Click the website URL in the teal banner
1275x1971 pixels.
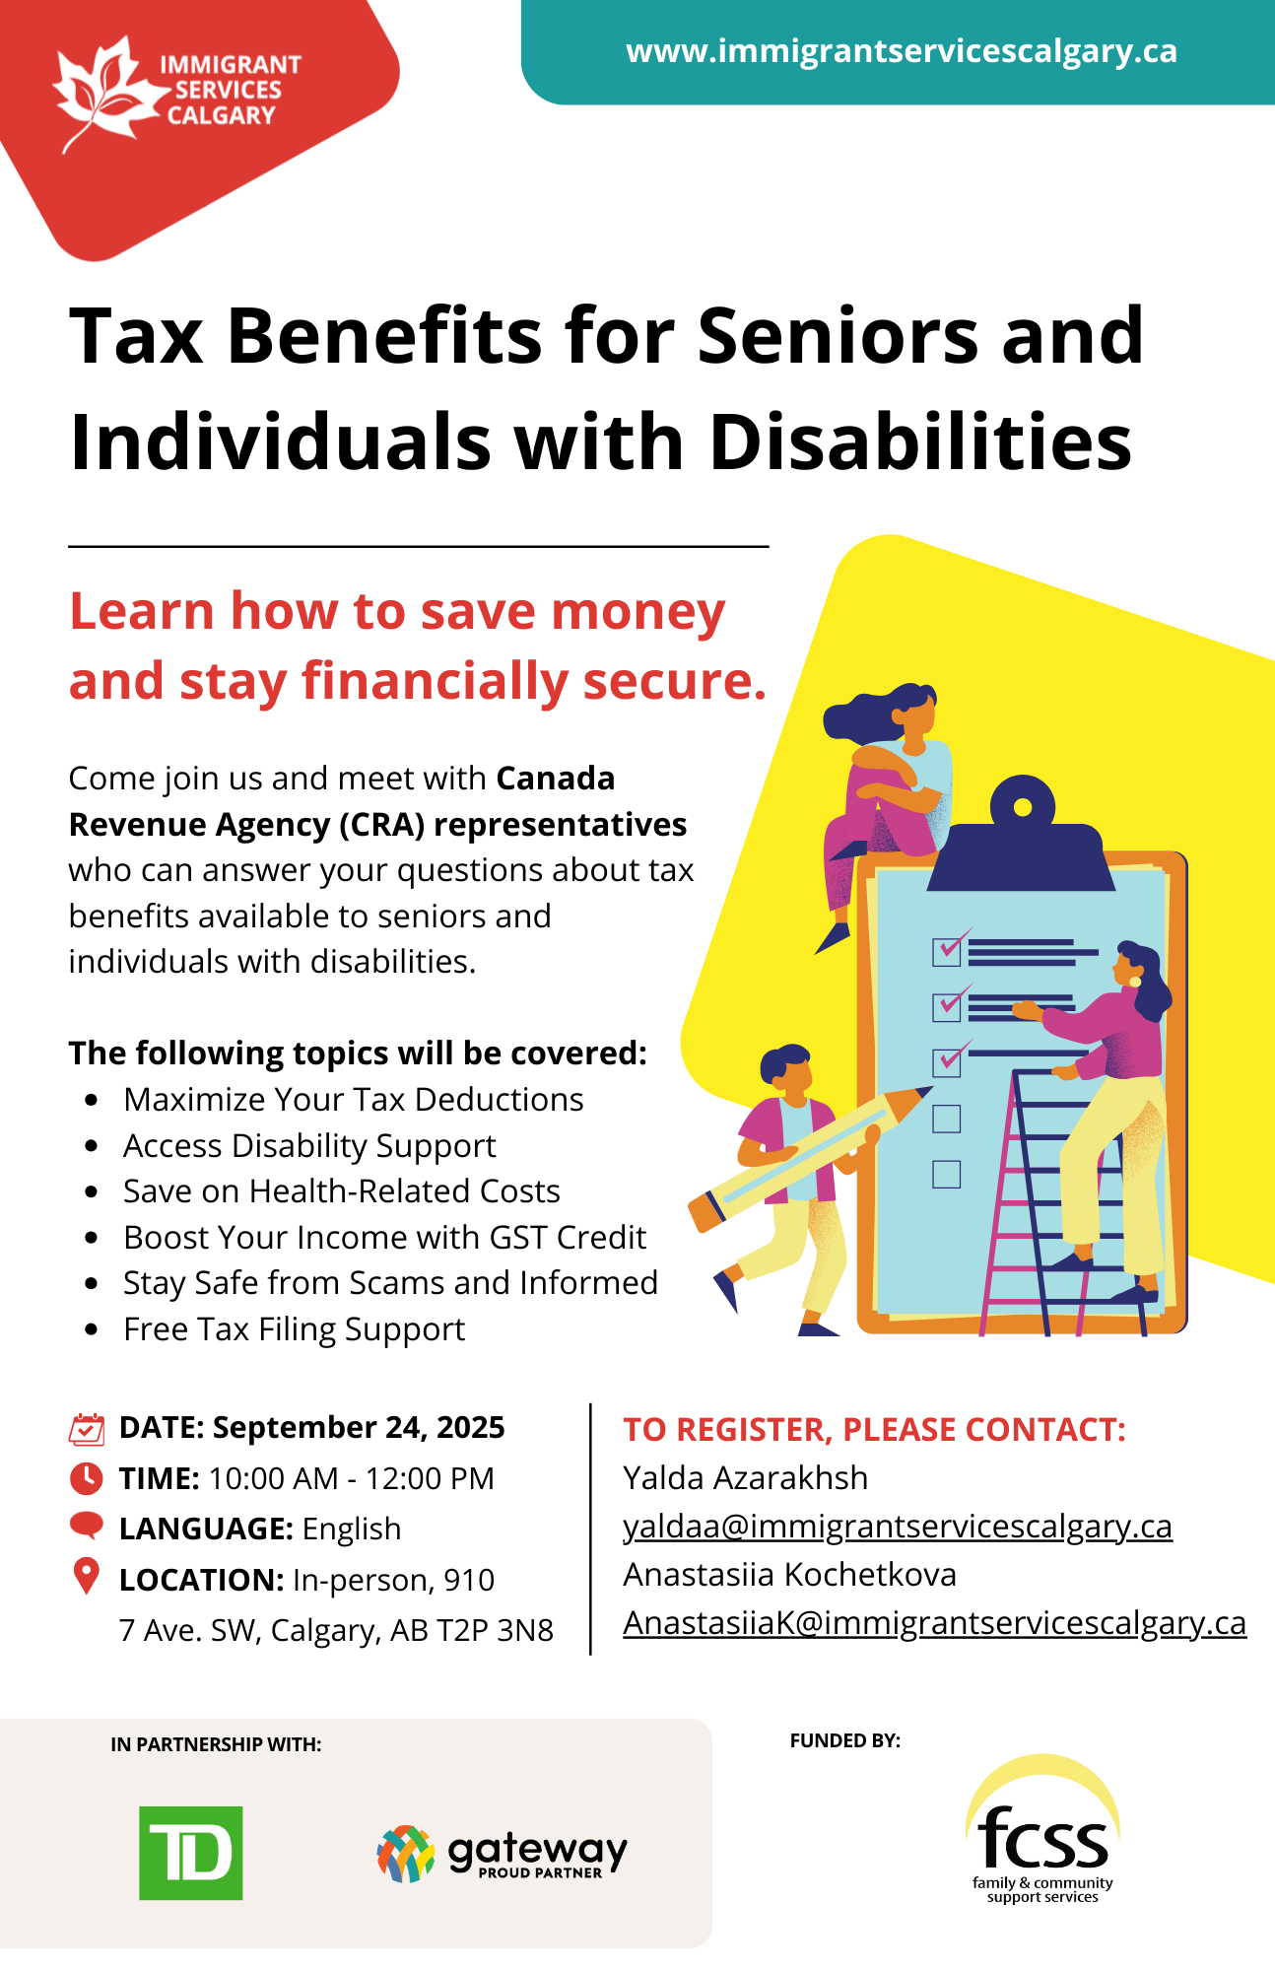902,51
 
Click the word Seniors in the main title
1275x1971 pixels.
838,336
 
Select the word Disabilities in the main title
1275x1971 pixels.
920,442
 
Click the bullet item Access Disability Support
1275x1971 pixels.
309,1146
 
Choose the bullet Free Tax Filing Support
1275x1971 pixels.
294,1329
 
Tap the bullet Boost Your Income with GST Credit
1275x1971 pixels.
384,1238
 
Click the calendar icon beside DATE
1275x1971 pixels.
87,1429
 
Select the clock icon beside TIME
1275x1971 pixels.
87,1478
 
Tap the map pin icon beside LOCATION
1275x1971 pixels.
87,1576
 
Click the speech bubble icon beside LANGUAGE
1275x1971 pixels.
87,1526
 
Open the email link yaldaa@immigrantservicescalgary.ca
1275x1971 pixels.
898,1527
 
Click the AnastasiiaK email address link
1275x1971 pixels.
935,1623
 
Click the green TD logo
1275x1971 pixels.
191,1853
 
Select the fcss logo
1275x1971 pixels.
1042,1829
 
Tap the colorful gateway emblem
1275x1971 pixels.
406,1854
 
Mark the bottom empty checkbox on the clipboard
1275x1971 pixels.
946,1175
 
